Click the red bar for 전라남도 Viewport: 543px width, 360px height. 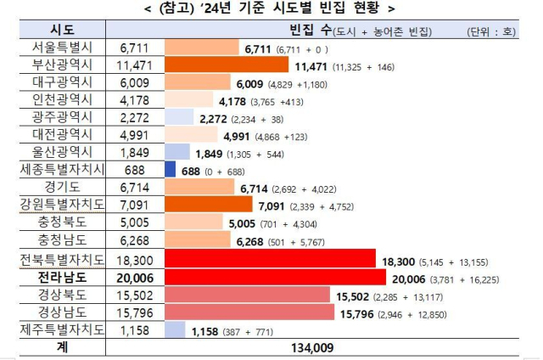[x=272, y=275]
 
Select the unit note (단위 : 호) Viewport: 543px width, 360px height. [x=493, y=31]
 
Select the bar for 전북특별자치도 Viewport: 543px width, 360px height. [x=270, y=258]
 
